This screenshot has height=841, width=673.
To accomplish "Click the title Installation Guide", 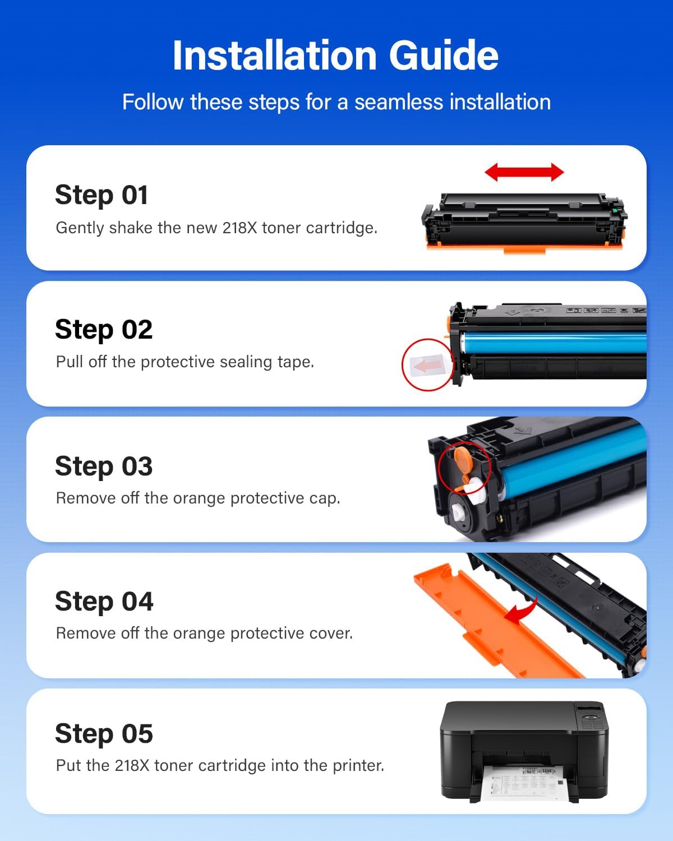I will coord(335,56).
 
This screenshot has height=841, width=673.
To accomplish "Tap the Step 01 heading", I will coord(102,195).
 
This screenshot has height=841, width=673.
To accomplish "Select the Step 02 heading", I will coord(104,330).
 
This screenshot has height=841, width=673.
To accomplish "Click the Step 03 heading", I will coord(104,466).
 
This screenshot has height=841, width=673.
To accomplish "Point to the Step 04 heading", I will coord(104,602).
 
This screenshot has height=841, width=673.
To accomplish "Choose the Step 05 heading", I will coord(104,734).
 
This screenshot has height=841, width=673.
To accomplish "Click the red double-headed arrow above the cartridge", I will coord(524,172).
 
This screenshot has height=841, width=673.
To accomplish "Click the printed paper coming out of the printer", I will coord(524,782).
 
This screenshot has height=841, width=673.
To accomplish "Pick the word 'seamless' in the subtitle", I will coord(399,103).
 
